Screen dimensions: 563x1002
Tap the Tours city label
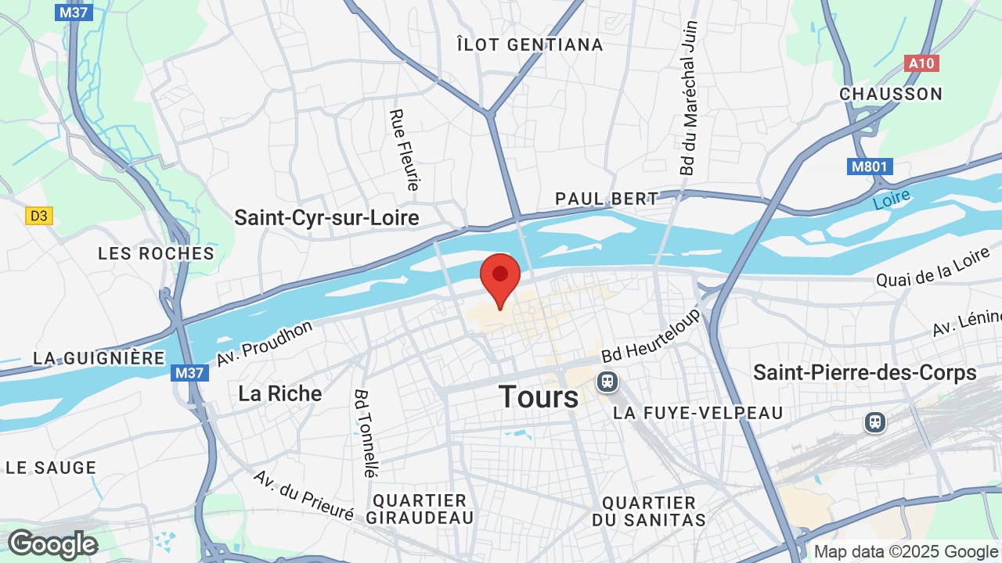tap(539, 396)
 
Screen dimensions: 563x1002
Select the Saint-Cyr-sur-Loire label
tap(326, 217)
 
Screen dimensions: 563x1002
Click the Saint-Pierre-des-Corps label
tap(865, 372)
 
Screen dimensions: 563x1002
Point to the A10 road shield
tap(921, 63)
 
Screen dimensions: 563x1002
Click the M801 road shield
tap(870, 167)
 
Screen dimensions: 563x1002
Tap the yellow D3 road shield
tap(38, 216)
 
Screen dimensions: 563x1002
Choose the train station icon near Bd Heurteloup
tap(606, 382)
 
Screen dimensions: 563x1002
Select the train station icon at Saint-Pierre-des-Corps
tap(874, 422)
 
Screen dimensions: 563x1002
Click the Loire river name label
tap(892, 199)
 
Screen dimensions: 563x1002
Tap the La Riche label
tap(279, 393)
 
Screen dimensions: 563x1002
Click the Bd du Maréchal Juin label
tap(688, 98)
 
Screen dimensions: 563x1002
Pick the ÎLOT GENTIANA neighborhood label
tap(530, 45)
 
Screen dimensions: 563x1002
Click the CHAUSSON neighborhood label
tap(891, 94)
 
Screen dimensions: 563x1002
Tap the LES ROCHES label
tap(156, 253)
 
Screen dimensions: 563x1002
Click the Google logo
tap(52, 544)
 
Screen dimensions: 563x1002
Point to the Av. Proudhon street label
tap(265, 343)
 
